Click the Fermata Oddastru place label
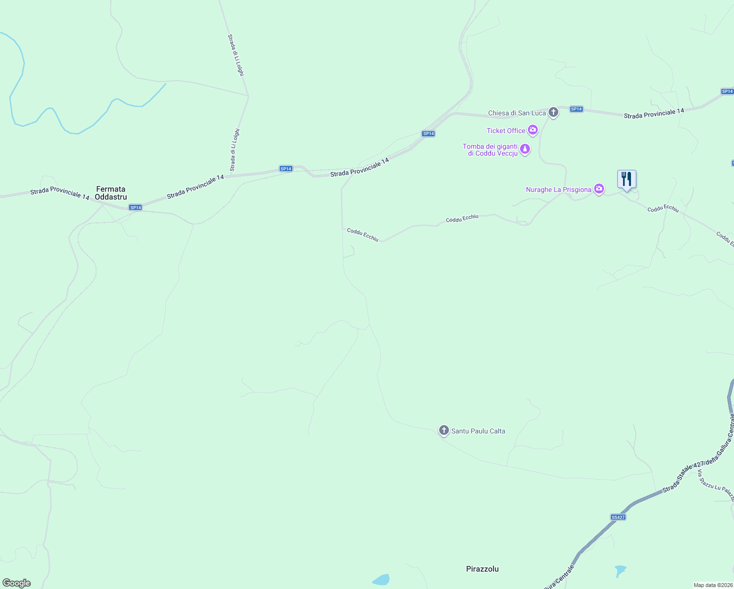[x=111, y=193]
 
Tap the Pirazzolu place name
[x=482, y=569]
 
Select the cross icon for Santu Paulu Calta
[x=444, y=431]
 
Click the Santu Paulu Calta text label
[x=478, y=431]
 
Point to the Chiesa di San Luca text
[x=517, y=113]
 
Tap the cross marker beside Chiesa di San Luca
[x=553, y=112]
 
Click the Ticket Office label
[x=506, y=131]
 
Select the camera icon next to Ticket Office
[x=533, y=131]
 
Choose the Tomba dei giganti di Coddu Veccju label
[x=490, y=150]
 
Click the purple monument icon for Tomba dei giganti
[x=525, y=149]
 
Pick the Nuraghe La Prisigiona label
[x=558, y=189]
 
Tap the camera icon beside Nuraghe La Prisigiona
[x=599, y=189]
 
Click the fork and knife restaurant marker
[x=627, y=180]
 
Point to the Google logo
[x=17, y=583]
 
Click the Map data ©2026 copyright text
[x=712, y=585]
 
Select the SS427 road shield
[x=618, y=517]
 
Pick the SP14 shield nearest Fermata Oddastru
[x=135, y=208]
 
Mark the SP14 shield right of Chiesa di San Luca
[x=577, y=109]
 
